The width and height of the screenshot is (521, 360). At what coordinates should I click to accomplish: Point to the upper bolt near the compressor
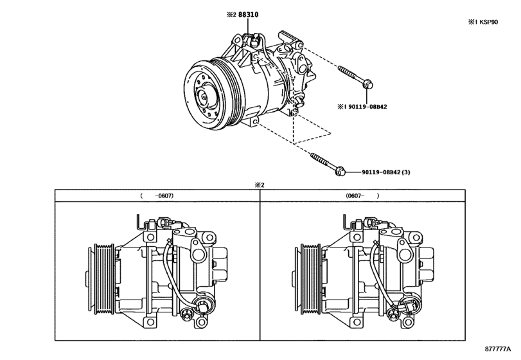353,76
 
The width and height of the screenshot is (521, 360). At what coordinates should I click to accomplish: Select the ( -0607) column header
157,195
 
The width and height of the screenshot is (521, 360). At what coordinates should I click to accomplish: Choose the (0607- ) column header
362,195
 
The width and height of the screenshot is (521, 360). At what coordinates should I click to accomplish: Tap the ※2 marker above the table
260,184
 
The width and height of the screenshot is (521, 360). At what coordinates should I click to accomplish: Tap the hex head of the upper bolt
369,84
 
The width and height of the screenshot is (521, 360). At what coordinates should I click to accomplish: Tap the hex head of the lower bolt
342,170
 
